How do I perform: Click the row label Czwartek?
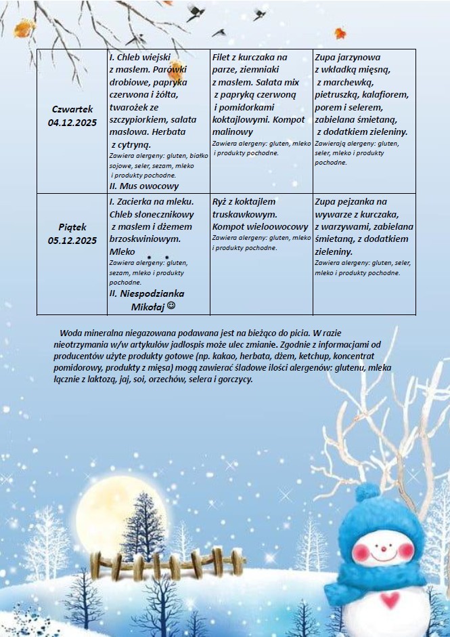coord(72,109)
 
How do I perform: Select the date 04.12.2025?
coord(72,123)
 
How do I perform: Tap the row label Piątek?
coord(72,227)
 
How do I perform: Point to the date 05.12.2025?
coord(72,241)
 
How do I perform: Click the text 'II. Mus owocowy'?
coord(143,185)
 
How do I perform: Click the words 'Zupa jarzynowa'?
coord(347,58)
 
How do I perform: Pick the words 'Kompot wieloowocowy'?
coord(261,226)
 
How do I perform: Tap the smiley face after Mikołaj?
coord(171,306)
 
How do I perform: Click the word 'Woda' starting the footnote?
coord(71,333)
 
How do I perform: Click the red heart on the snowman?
coord(390,599)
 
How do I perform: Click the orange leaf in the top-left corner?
coord(24,28)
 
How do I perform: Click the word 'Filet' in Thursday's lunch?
coord(223,58)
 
